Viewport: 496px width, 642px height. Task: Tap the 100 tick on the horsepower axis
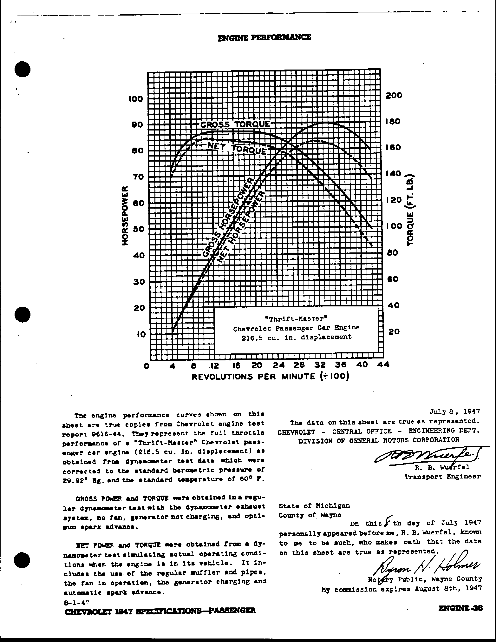[136, 99]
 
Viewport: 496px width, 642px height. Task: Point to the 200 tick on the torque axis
[394, 95]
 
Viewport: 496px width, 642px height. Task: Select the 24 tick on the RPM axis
[279, 365]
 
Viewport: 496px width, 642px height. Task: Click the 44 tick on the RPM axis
[383, 364]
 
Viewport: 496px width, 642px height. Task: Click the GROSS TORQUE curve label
[235, 124]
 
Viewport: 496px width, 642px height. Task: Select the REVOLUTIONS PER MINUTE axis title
[270, 377]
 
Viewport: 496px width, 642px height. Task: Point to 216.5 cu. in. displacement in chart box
[296, 337]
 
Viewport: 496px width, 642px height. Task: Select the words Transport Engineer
[442, 477]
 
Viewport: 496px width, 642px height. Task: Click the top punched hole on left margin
[23, 69]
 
